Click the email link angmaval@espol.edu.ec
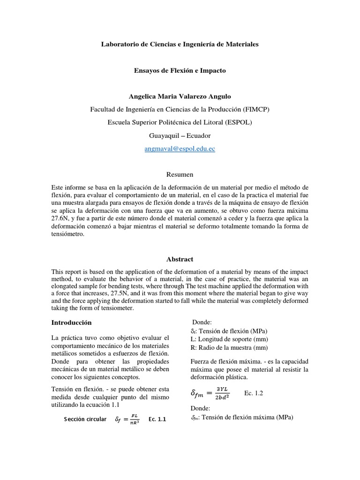tap(180, 149)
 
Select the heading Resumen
tap(180, 174)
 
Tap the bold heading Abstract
tap(180, 259)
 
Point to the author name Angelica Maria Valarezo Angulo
tap(180, 96)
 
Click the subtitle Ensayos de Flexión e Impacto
tap(180, 70)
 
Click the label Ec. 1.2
tap(254, 393)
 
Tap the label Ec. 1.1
tap(157, 419)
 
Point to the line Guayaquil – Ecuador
tap(180, 135)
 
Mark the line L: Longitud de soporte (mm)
tap(229, 339)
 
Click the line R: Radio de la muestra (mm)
tap(229, 347)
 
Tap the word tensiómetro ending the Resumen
tap(67, 235)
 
